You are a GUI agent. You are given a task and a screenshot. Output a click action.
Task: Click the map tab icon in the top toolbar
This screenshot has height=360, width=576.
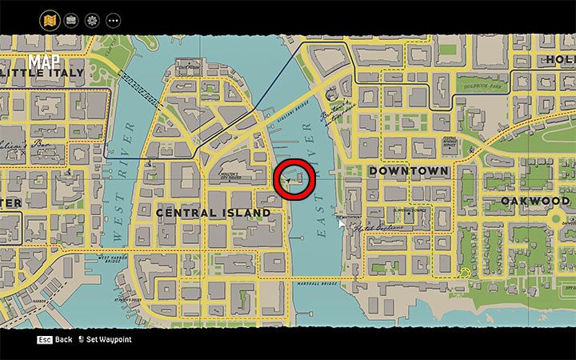[50, 19]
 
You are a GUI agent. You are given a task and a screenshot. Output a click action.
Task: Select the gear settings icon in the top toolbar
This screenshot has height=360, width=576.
[92, 19]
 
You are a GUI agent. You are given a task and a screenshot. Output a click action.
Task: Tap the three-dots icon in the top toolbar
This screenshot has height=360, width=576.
[113, 19]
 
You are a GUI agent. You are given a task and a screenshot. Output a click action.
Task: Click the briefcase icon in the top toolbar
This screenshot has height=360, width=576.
[71, 19]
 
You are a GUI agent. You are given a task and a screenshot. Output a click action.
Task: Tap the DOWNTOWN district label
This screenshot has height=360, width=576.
[408, 171]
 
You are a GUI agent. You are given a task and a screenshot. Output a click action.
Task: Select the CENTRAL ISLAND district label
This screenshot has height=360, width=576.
[213, 213]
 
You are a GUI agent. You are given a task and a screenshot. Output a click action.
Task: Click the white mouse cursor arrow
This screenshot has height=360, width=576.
[342, 224]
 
